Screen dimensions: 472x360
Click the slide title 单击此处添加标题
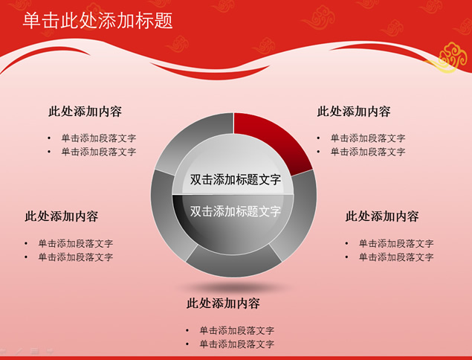tap(98, 21)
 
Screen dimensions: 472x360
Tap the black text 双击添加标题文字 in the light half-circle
tap(236, 179)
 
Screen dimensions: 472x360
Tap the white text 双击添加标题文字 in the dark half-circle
tap(236, 211)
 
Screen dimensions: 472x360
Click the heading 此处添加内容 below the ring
tap(223, 303)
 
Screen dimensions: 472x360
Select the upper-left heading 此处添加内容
tap(85, 112)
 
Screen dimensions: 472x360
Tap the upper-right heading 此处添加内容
tap(354, 112)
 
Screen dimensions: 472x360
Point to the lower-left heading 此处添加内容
tap(62, 216)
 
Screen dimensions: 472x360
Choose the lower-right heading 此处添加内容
tap(382, 216)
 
